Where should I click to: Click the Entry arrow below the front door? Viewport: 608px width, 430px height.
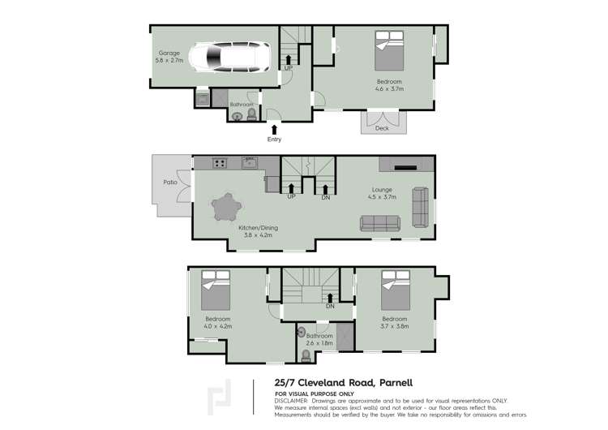[x=274, y=128]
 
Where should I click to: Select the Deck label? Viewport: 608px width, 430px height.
[x=382, y=128]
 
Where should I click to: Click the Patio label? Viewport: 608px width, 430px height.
[x=170, y=183]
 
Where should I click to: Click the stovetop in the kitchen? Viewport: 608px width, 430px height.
[x=219, y=164]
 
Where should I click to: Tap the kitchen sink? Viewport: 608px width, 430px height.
[x=250, y=164]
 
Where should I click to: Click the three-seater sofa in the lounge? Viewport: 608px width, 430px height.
[x=379, y=223]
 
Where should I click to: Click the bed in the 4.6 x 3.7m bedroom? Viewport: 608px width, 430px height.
[x=388, y=50]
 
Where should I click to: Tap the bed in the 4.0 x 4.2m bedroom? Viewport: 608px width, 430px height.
[x=215, y=290]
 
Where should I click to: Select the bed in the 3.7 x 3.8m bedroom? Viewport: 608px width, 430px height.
[x=395, y=290]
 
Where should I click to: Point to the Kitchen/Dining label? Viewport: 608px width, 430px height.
[x=258, y=228]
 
